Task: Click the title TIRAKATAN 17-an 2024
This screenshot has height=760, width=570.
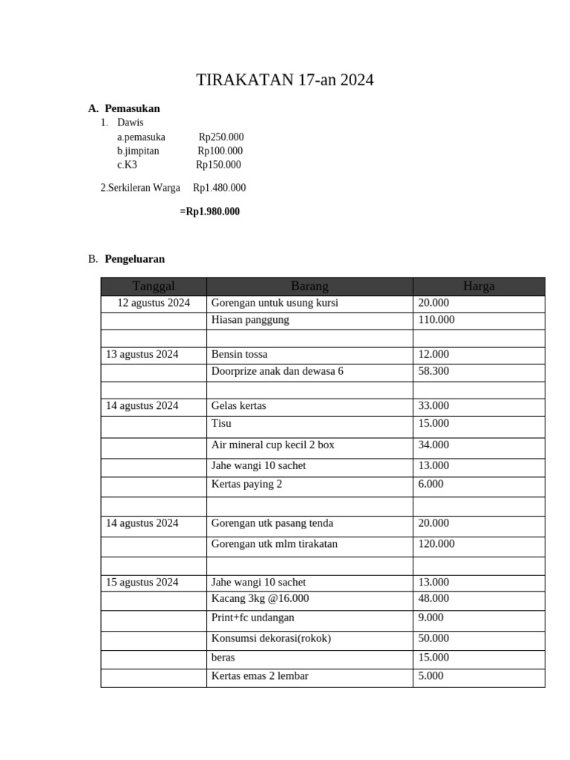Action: (x=284, y=80)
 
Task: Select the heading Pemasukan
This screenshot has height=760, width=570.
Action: (x=132, y=108)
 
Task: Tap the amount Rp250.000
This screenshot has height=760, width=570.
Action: (x=221, y=137)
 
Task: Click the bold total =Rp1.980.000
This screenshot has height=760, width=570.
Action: (x=209, y=212)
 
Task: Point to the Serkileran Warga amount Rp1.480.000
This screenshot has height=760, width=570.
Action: (x=219, y=188)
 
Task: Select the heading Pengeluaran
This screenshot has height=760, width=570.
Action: (x=135, y=259)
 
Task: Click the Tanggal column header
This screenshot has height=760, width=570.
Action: (x=154, y=286)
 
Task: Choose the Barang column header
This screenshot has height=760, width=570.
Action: (x=309, y=286)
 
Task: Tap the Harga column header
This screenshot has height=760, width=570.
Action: (x=479, y=286)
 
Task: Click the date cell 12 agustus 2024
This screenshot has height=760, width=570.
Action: (x=154, y=303)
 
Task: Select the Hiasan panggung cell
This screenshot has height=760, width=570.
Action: (x=250, y=320)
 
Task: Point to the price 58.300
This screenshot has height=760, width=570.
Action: (x=433, y=371)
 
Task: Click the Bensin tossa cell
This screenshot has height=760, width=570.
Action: (x=240, y=354)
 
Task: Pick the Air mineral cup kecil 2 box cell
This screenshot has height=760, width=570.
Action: (x=273, y=445)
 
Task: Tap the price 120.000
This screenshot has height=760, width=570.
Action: (x=436, y=544)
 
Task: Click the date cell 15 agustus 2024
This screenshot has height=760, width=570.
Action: (x=142, y=582)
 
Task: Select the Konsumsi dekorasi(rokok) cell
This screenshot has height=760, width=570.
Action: (x=271, y=638)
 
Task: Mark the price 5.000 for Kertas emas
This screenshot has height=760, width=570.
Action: (x=431, y=676)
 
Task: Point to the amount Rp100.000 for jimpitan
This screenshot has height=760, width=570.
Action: (x=220, y=151)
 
